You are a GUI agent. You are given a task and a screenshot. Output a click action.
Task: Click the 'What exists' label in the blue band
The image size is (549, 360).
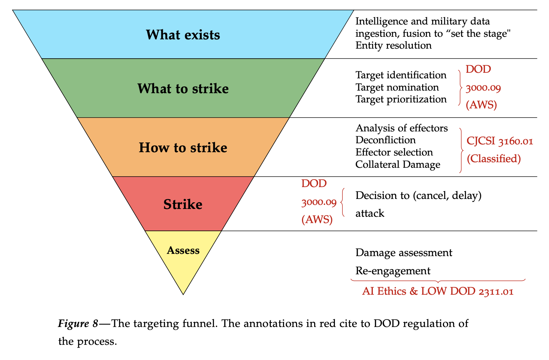183,35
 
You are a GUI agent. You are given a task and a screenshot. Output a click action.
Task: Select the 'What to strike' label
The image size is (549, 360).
183,89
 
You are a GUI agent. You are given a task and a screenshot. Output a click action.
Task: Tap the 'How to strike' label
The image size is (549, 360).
183,148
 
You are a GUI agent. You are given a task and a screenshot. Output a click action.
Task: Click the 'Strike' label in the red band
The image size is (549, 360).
183,204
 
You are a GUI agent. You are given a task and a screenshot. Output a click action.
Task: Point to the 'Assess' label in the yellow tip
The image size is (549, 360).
183,251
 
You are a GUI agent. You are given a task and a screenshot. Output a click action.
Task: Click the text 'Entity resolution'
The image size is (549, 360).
393,46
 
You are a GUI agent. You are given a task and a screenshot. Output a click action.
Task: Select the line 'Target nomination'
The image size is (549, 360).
397,87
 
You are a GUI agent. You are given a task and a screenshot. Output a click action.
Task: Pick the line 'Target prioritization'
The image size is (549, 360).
401,99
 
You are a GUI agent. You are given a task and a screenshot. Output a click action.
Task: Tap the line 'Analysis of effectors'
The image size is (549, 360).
401,128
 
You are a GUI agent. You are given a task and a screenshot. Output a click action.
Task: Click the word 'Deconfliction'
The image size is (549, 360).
385,140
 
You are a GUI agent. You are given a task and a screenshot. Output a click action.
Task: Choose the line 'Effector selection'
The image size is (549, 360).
394,152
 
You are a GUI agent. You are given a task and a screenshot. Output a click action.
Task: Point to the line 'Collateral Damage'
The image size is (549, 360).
398,164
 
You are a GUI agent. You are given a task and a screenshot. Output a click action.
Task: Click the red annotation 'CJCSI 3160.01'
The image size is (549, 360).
500,141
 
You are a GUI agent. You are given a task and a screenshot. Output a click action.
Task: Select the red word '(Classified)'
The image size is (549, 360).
493,159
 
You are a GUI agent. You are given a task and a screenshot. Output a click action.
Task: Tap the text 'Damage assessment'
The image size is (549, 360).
404,253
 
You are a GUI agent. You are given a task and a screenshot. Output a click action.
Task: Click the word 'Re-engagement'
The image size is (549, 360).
393,271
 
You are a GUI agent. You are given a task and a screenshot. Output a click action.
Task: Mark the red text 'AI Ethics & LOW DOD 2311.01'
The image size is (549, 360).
438,291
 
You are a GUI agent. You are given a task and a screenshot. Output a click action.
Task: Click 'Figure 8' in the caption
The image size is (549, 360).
78,324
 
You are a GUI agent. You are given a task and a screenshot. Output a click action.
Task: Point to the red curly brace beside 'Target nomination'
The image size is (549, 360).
460,88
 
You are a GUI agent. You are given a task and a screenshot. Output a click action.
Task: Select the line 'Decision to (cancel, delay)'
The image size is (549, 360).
418,195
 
